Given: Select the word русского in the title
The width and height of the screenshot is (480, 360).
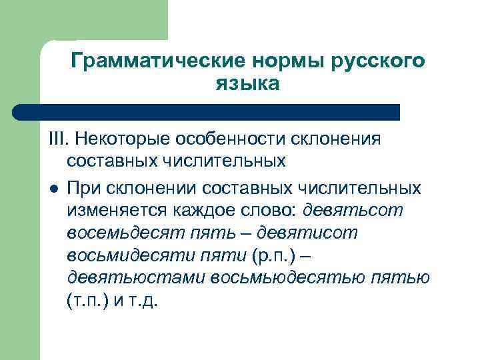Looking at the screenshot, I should click(376, 61).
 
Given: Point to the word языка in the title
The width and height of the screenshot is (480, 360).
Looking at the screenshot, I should click(247, 85).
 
